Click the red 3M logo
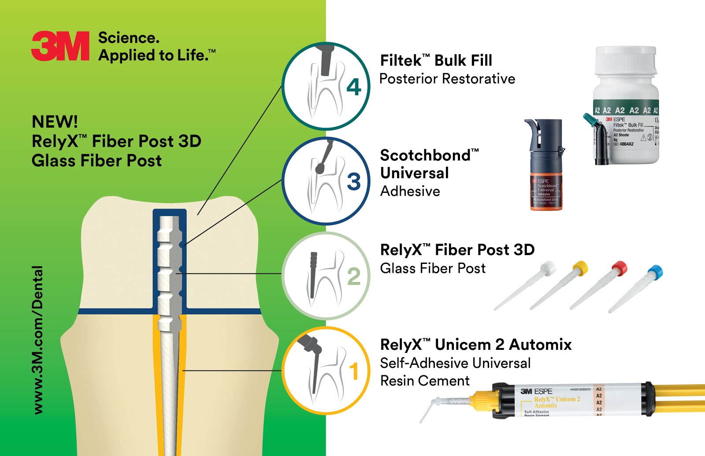click(x=60, y=46)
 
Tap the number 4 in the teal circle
click(x=353, y=87)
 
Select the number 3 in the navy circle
click(x=353, y=182)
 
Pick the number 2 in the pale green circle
click(x=353, y=276)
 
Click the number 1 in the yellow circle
click(x=353, y=371)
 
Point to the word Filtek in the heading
click(x=401, y=60)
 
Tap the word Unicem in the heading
click(x=469, y=345)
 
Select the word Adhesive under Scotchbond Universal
click(x=410, y=191)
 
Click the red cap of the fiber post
click(x=619, y=267)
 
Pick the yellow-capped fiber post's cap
click(x=580, y=267)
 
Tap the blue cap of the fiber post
click(x=655, y=272)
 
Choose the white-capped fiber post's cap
click(x=548, y=267)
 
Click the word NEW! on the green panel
click(x=55, y=122)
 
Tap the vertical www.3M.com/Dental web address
click(x=38, y=339)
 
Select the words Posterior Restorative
click(x=447, y=79)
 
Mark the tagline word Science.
click(x=128, y=38)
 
